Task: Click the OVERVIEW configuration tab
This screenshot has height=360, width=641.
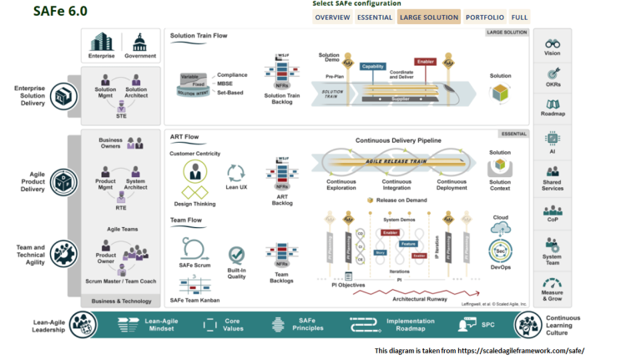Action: (332, 17)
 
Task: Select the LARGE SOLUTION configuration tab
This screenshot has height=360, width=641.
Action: (429, 17)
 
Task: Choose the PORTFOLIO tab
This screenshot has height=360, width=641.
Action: (484, 17)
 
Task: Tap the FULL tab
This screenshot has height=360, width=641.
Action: (519, 17)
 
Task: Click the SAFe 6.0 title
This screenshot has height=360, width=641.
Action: (59, 12)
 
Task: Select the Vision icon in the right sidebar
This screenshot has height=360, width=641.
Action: (552, 45)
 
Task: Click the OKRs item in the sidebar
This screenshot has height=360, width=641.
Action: (552, 77)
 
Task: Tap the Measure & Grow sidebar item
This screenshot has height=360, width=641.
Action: (552, 287)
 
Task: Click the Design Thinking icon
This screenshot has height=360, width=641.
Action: (195, 173)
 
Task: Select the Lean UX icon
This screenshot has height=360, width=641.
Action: (236, 171)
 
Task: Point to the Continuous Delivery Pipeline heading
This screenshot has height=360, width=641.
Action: (398, 140)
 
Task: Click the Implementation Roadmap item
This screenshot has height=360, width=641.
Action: (386, 325)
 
